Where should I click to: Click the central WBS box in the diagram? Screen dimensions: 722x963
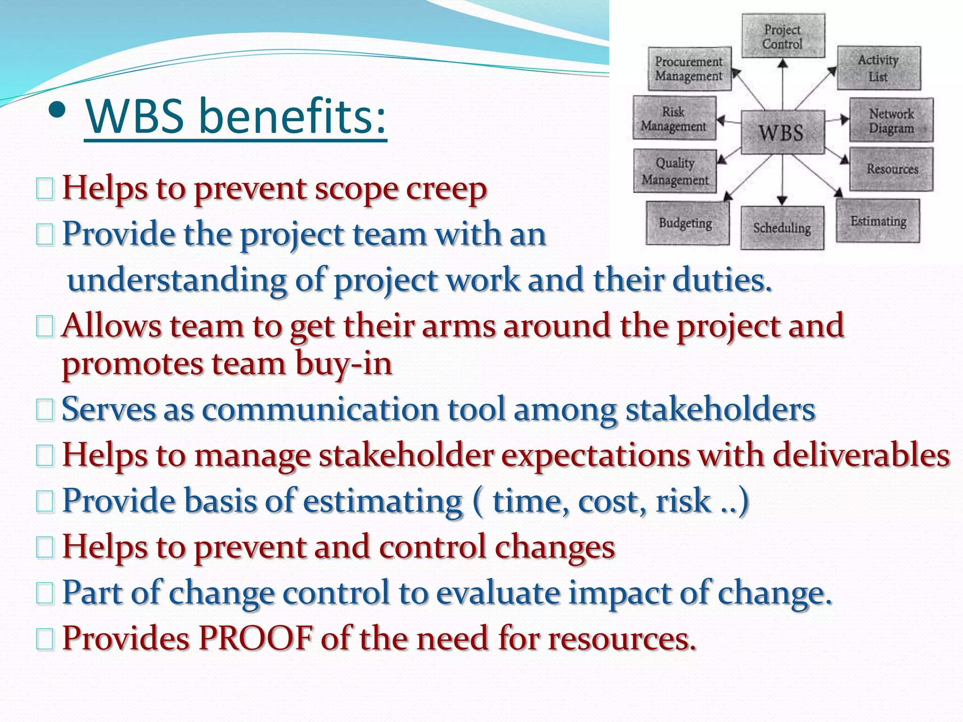pos(782,132)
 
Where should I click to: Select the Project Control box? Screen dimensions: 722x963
pos(783,36)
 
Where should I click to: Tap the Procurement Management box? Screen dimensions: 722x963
pos(689,69)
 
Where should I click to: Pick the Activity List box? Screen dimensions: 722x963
pos(879,68)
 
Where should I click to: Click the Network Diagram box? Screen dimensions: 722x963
pos(891,120)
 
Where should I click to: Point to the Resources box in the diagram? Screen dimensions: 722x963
pos(892,169)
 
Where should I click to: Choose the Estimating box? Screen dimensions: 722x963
pos(878,221)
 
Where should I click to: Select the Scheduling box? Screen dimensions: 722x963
pos(782,228)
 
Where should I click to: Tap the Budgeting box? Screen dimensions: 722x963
pos(687,223)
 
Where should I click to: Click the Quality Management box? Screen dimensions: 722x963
pos(675,172)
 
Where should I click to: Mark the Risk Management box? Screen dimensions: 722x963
pos(674,118)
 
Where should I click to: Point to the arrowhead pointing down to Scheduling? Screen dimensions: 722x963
pos(782,200)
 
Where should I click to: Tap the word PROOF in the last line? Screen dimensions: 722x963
pos(256,638)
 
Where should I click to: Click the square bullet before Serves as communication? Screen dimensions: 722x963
pos(45,410)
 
